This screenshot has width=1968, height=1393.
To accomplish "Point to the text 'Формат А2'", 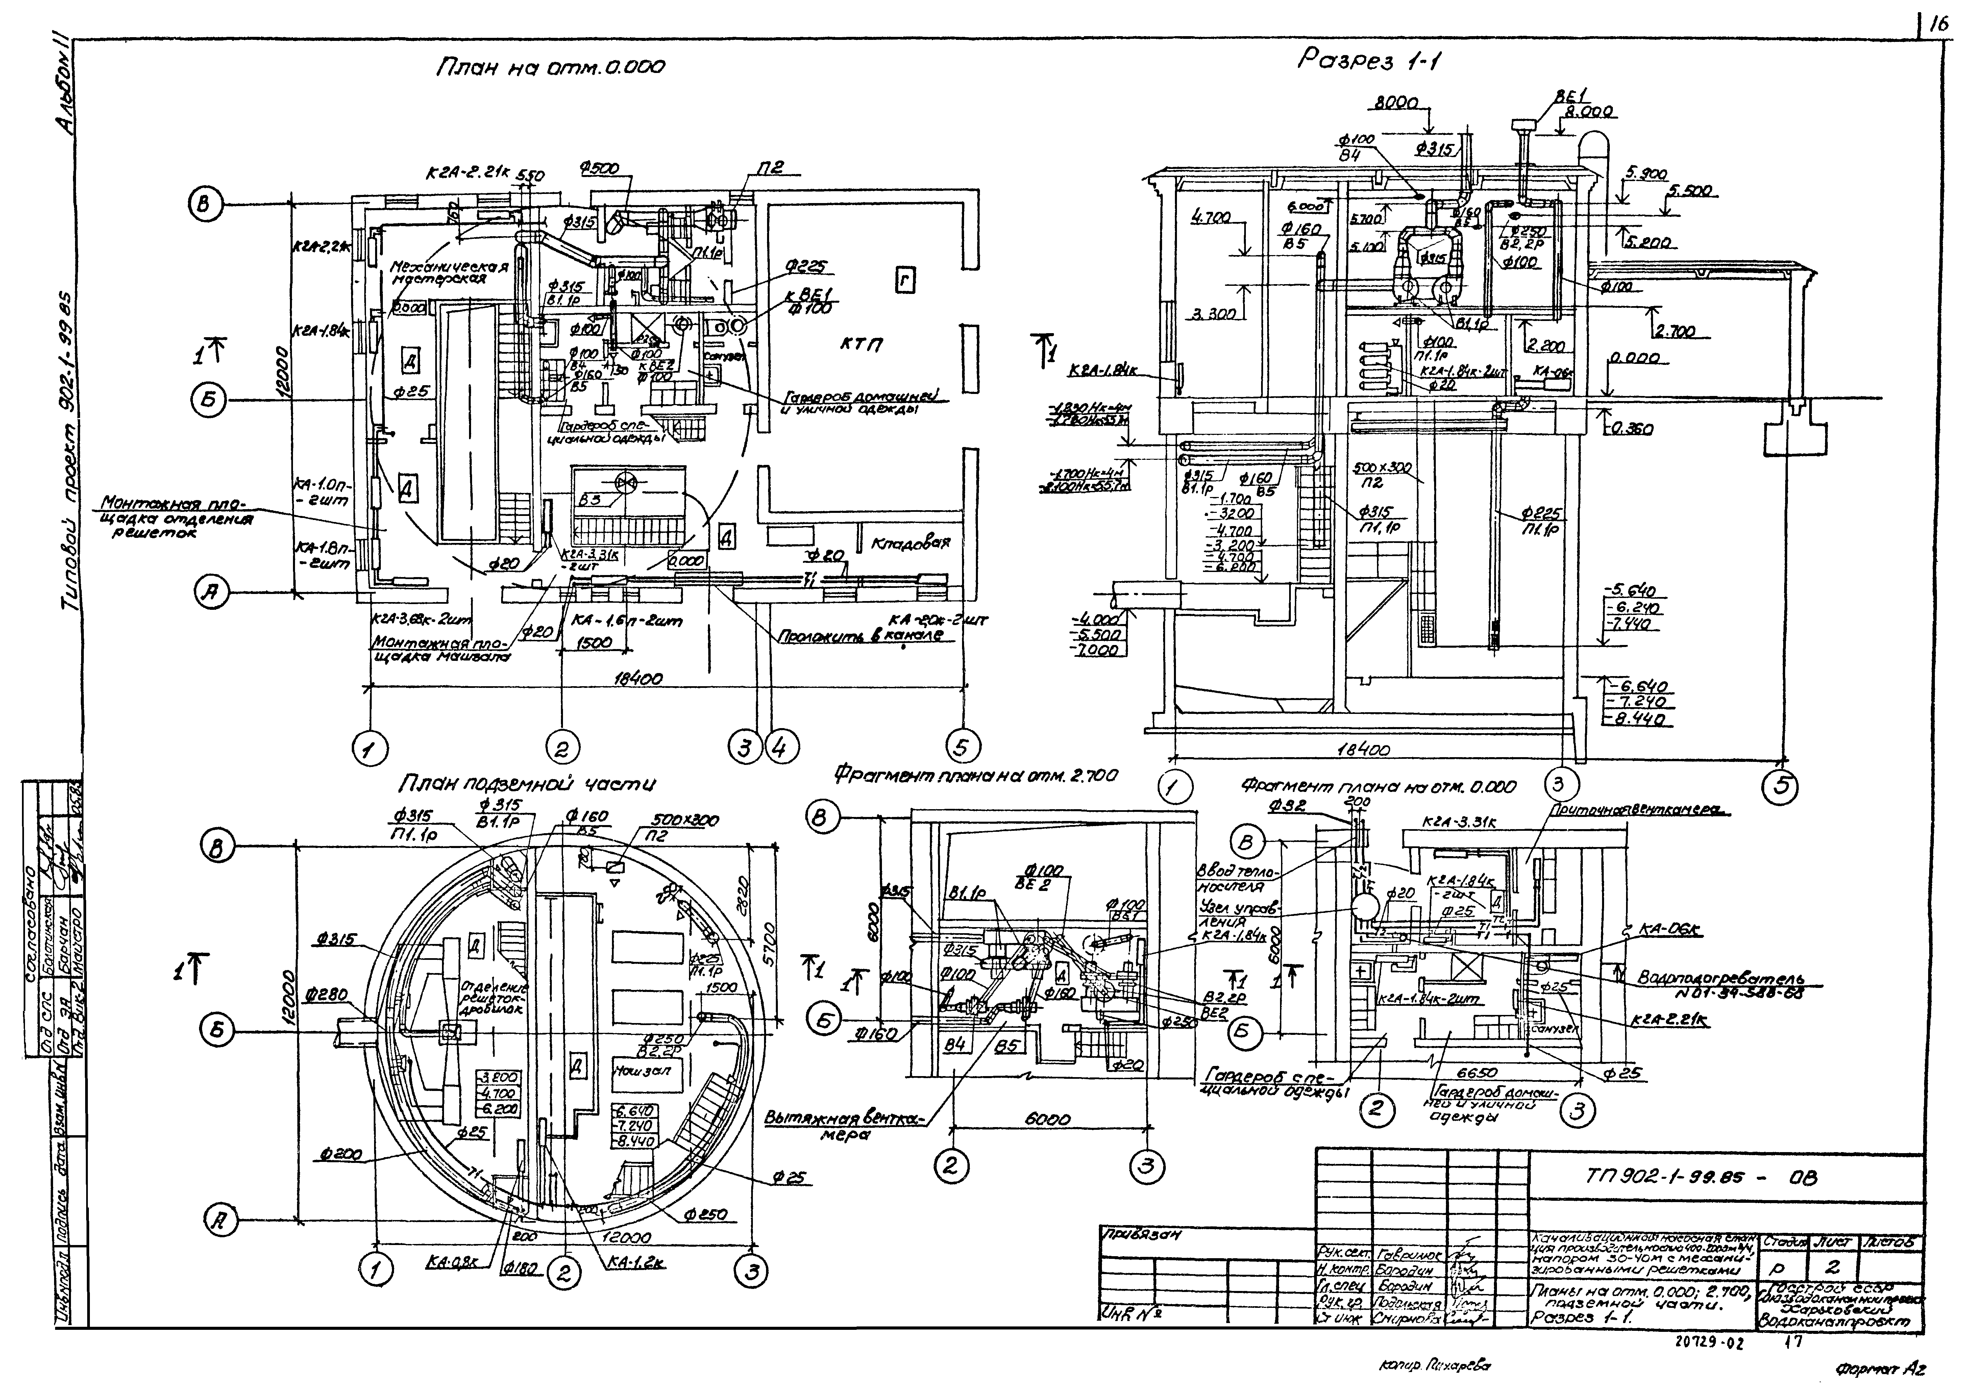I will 1880,1370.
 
